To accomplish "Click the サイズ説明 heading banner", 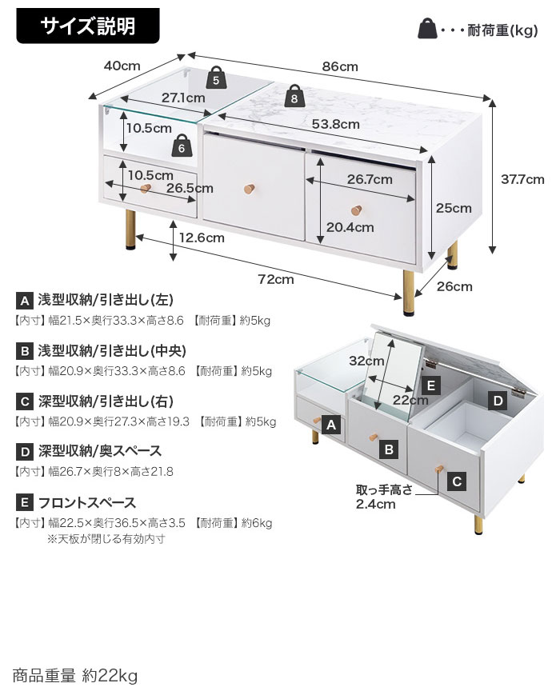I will [x=89, y=26].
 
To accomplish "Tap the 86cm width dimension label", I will [x=339, y=67].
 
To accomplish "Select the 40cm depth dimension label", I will [x=122, y=66].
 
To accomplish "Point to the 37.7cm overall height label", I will [x=522, y=179].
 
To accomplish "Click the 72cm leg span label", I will [x=274, y=279].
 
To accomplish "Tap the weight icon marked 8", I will [x=294, y=97].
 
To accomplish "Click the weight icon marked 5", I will [x=217, y=78].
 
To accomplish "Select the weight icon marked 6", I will [x=182, y=146].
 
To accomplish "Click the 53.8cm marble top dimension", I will [x=335, y=124].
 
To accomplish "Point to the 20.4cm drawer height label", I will [x=350, y=227].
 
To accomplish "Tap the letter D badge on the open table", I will [x=497, y=400].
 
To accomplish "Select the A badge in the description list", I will [x=24, y=302].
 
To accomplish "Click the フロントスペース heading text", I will [x=88, y=503].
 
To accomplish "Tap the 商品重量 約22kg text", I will [x=75, y=676].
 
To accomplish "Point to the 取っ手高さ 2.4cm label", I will [x=384, y=497].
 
